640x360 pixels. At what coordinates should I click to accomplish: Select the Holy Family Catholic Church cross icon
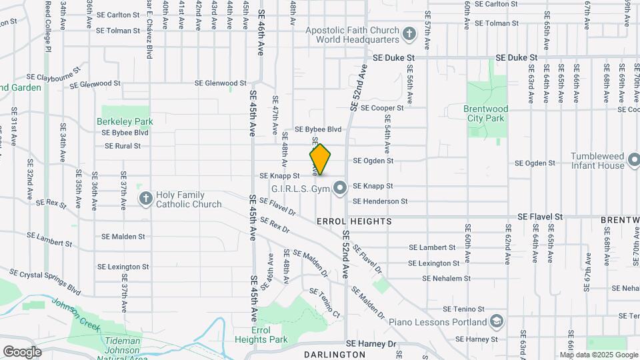(146, 198)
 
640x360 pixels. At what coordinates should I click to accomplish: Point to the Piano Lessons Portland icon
(496, 322)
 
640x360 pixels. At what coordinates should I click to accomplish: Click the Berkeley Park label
(125, 121)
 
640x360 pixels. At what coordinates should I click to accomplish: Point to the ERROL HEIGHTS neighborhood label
(354, 221)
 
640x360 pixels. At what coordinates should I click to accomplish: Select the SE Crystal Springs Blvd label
(45, 282)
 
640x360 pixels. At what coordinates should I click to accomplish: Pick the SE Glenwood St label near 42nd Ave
(221, 83)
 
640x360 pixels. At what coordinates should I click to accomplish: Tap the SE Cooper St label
(378, 107)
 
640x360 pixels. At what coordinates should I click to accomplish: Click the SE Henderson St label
(380, 201)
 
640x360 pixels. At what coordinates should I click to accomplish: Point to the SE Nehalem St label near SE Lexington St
(446, 279)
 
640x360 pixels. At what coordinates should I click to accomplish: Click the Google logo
(22, 351)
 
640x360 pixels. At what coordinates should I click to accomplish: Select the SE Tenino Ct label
(325, 303)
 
